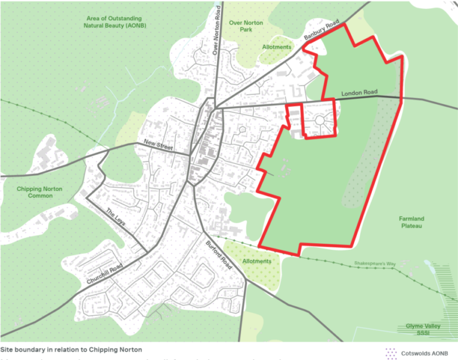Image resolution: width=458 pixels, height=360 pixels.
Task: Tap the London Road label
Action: [x=360, y=93]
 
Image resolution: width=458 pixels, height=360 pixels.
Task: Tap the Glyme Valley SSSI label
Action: [x=426, y=330]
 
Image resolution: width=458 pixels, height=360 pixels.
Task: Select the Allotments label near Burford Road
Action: [x=257, y=261]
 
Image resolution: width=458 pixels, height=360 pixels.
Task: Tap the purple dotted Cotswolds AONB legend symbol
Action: [x=392, y=352]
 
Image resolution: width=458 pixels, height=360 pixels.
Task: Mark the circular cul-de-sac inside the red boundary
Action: [x=320, y=120]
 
